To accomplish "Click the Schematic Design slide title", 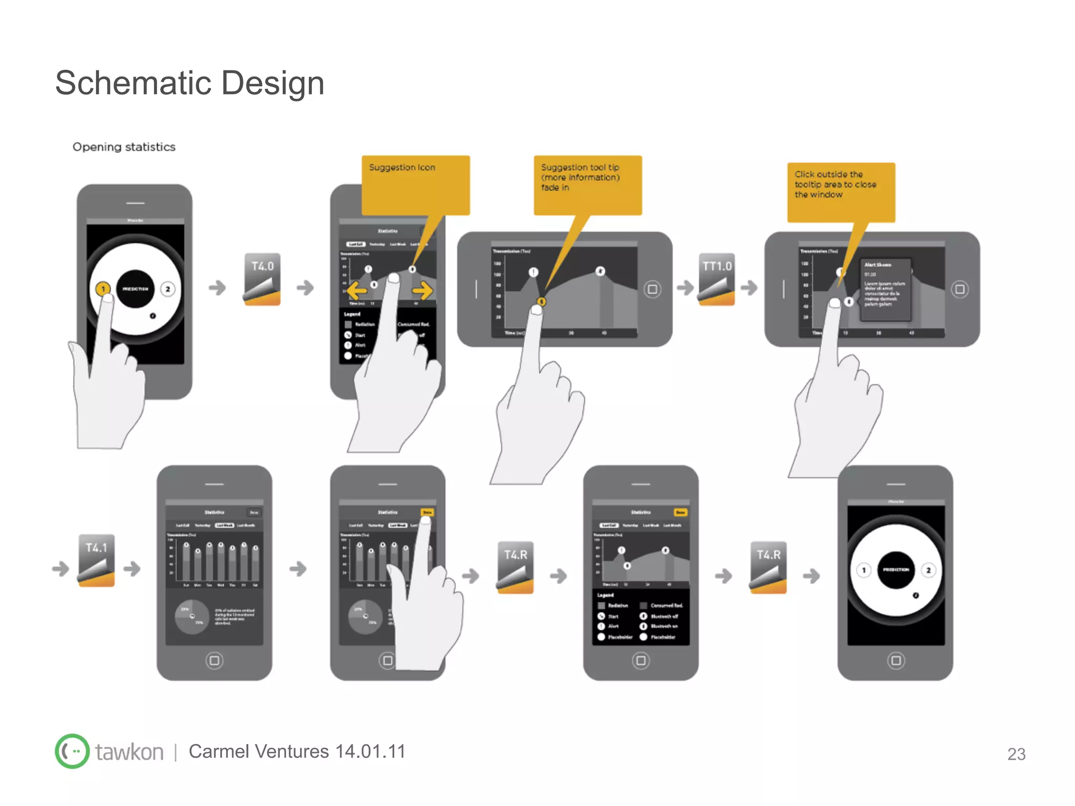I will pyautogui.click(x=189, y=83).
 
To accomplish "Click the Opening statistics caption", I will pyautogui.click(x=124, y=147).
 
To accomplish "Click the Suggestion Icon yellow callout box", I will pyautogui.click(x=415, y=185).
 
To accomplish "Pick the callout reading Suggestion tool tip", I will pyautogui.click(x=587, y=185).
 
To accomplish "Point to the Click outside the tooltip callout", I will pyautogui.click(x=841, y=192).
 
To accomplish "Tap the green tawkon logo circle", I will pyautogui.click(x=72, y=751).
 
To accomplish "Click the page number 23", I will pyautogui.click(x=1016, y=754).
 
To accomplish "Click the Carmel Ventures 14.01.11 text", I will pyautogui.click(x=297, y=751).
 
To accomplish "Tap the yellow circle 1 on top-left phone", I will pyautogui.click(x=103, y=289).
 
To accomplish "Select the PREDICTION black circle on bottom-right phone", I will pyautogui.click(x=895, y=570).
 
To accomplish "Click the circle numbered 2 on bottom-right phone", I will pyautogui.click(x=929, y=570).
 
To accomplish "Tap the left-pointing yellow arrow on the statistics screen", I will pyautogui.click(x=356, y=290).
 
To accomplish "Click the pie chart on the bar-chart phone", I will pyautogui.click(x=192, y=617).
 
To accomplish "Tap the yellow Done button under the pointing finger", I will pyautogui.click(x=427, y=512).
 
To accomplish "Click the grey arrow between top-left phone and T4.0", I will pyautogui.click(x=217, y=288).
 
